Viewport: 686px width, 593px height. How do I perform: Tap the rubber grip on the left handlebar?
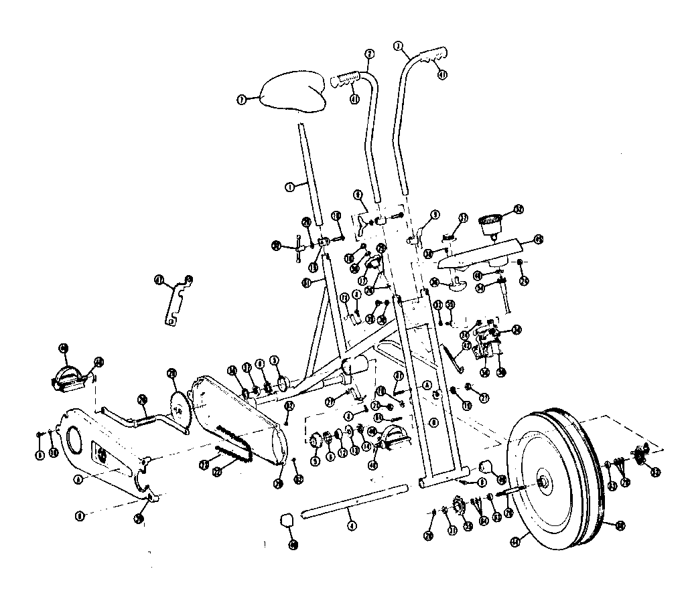click(x=346, y=80)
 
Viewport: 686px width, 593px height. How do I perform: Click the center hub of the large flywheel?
click(x=543, y=482)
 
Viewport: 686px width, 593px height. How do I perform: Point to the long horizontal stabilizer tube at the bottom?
click(x=355, y=501)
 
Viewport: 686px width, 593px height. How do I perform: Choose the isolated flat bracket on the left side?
click(x=177, y=301)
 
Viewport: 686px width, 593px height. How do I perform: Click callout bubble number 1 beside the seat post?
click(x=290, y=187)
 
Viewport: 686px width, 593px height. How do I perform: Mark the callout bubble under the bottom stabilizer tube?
click(x=351, y=526)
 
